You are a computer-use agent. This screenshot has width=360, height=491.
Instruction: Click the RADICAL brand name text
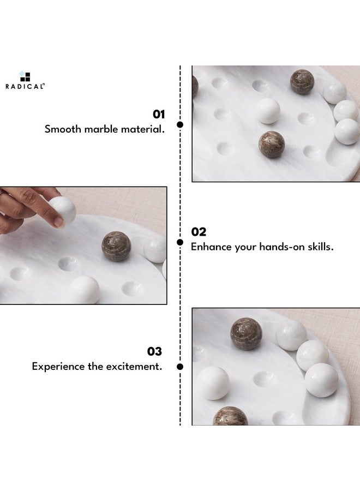coord(25,86)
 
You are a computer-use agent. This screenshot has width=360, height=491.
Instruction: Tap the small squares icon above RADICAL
coord(25,76)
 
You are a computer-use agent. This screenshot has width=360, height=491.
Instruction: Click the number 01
coord(158,114)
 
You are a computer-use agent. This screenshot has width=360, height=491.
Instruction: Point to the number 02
coord(199,232)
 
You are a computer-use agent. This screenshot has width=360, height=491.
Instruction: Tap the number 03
coord(154,351)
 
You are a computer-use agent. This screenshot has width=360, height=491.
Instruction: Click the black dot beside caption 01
coord(180,124)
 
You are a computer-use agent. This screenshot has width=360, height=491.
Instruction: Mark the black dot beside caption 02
coord(180,242)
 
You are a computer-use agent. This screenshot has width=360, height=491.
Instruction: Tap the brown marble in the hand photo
coord(116,246)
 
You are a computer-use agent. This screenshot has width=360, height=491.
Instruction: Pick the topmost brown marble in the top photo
coord(302,82)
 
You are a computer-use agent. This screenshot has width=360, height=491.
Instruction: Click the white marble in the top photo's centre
coord(267,111)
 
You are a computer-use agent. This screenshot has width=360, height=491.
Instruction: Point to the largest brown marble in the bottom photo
coord(245,334)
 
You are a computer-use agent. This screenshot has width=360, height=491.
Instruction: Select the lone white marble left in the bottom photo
coord(212,382)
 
